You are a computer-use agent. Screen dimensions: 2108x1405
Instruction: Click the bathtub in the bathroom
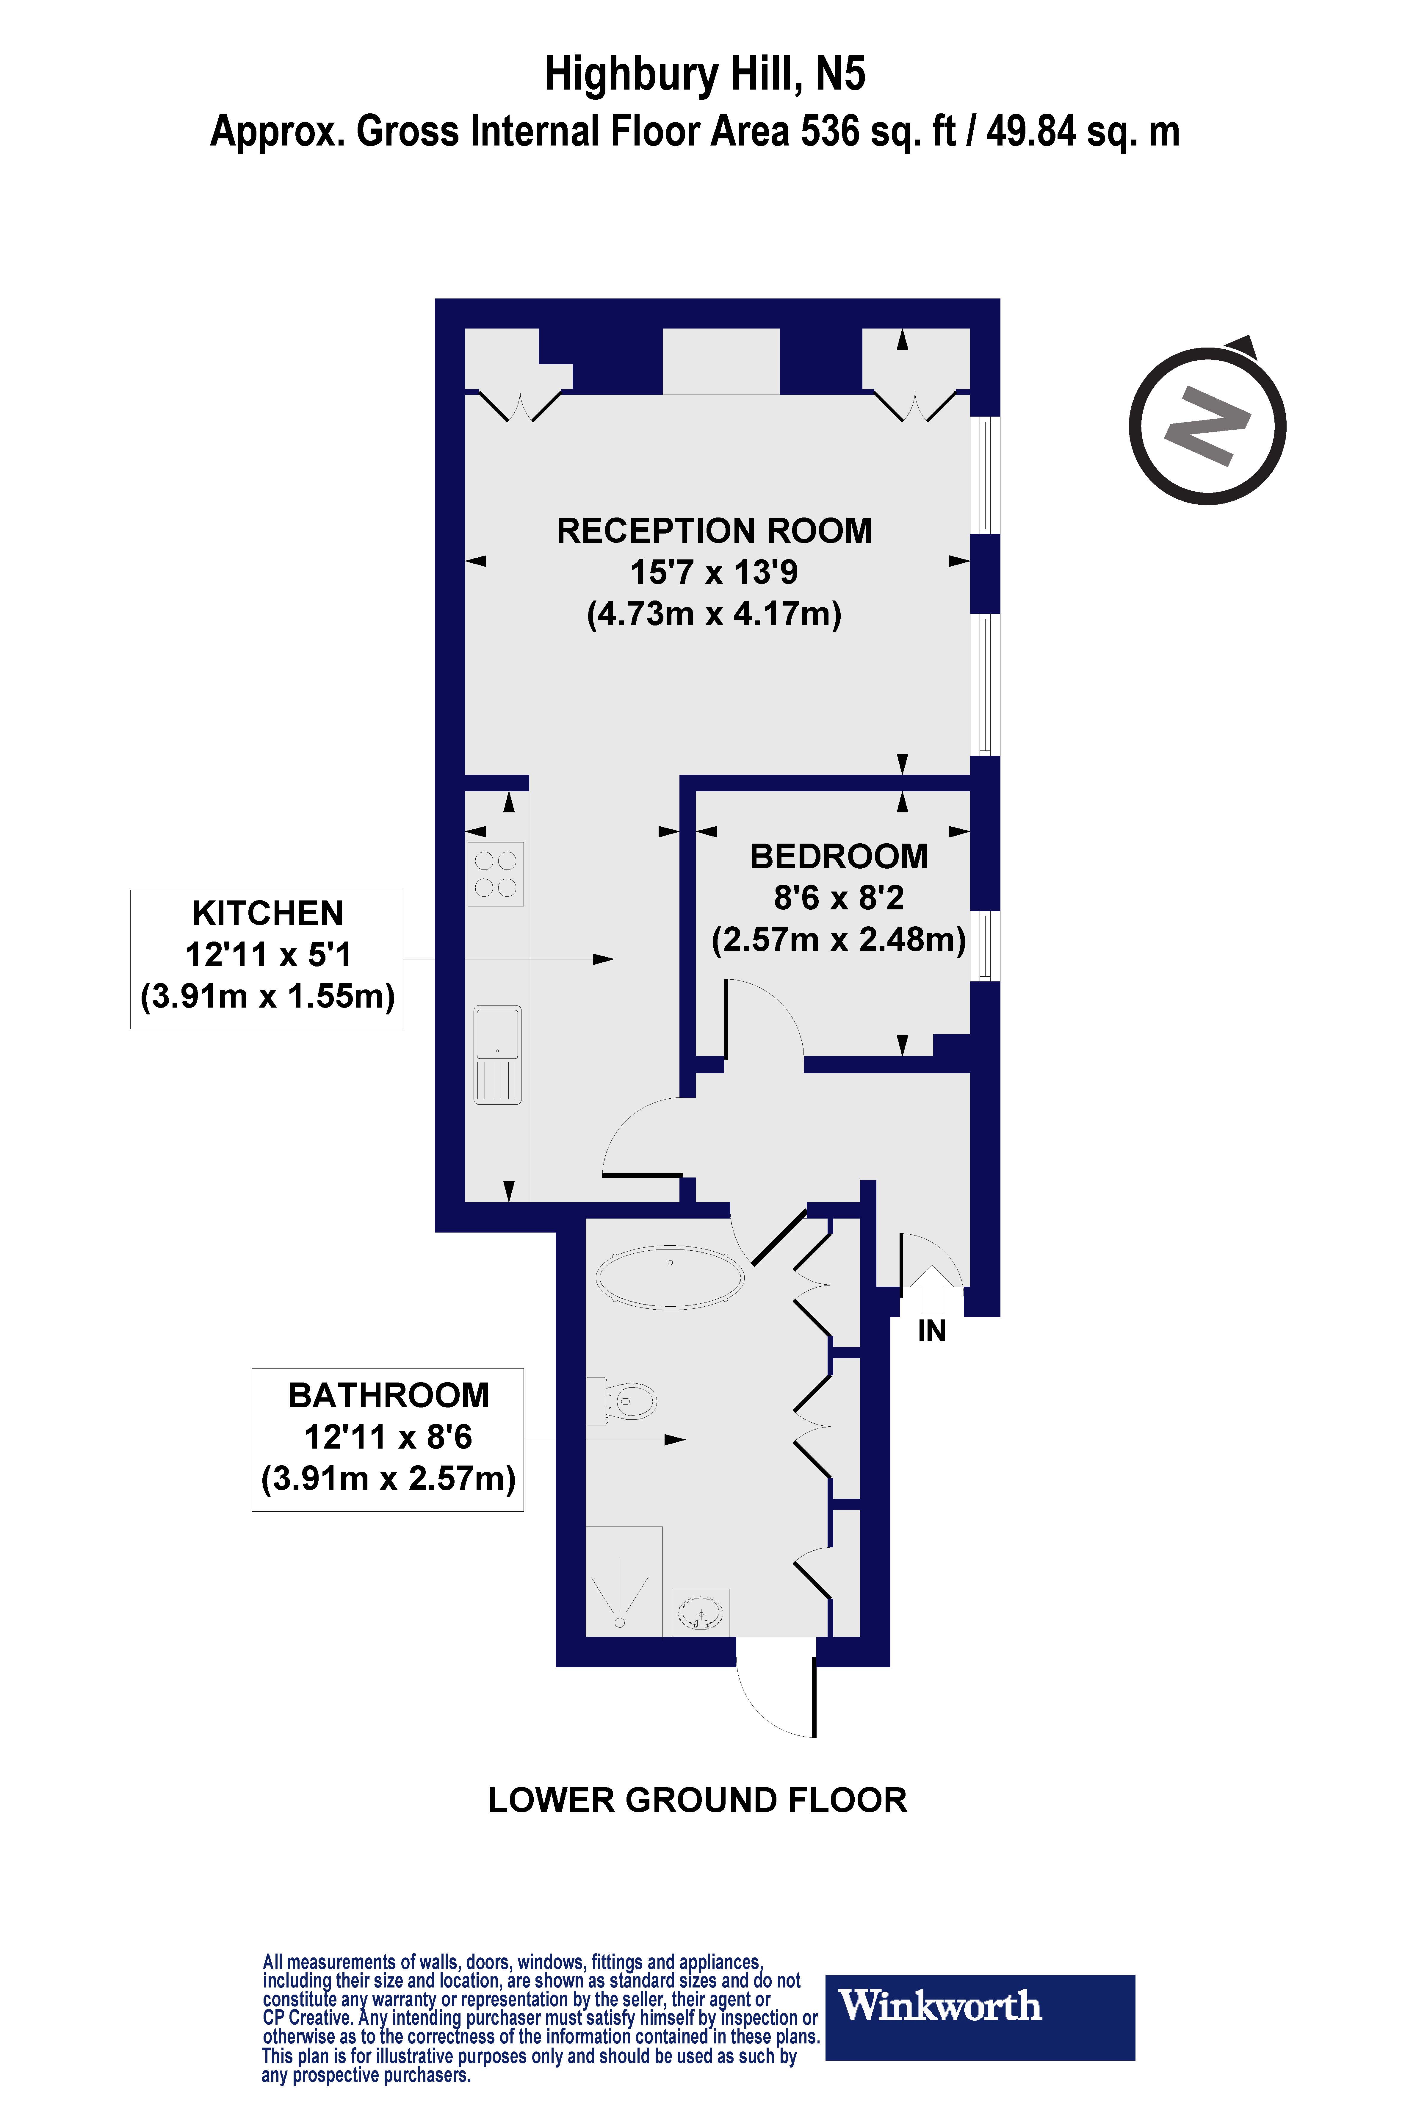click(669, 1277)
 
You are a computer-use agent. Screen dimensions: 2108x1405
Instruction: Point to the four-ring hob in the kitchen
click(496, 874)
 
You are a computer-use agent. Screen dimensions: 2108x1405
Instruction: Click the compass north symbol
click(1207, 426)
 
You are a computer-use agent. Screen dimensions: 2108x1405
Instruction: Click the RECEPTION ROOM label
click(714, 531)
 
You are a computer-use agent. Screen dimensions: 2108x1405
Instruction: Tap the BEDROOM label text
click(839, 857)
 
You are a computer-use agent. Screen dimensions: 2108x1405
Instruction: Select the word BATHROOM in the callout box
click(388, 1396)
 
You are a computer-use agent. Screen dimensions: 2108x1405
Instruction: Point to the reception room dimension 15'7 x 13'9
click(714, 572)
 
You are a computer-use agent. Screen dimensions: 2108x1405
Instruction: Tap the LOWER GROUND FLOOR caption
click(697, 1800)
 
